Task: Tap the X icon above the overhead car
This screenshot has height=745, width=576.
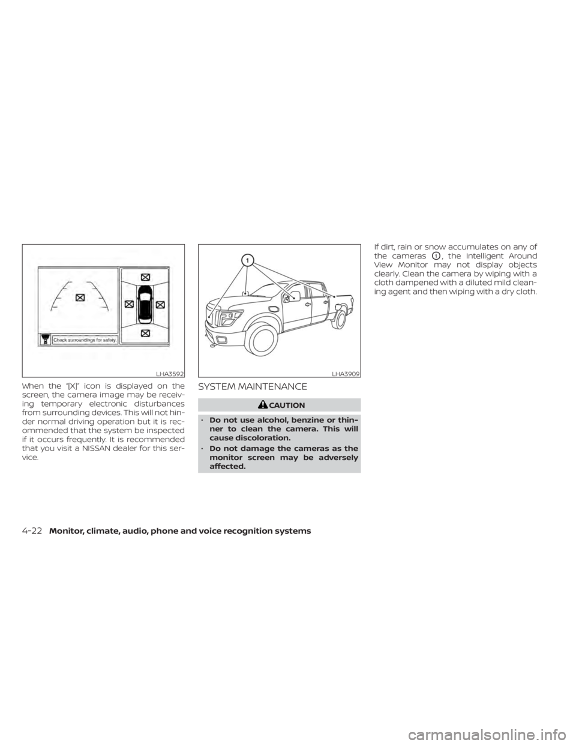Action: pyautogui.click(x=145, y=277)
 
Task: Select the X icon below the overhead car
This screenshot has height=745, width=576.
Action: pyautogui.click(x=145, y=332)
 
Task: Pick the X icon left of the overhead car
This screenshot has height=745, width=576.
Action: pyautogui.click(x=128, y=305)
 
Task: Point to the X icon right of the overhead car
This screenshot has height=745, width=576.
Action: pyautogui.click(x=160, y=305)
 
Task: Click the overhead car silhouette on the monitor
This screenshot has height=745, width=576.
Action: pyautogui.click(x=144, y=305)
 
